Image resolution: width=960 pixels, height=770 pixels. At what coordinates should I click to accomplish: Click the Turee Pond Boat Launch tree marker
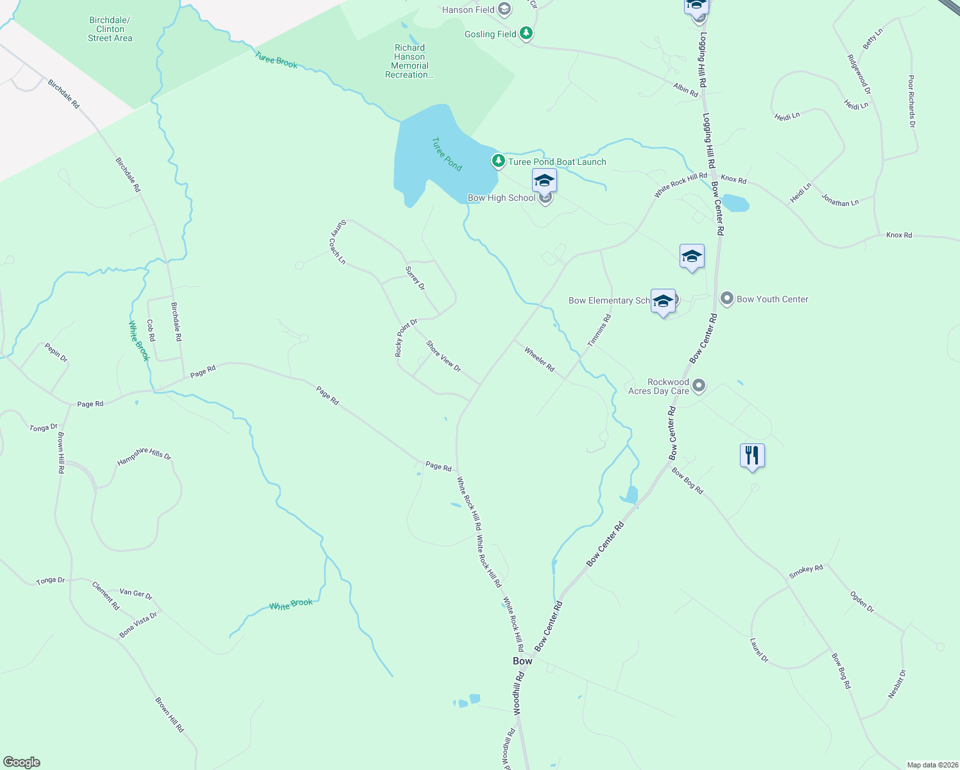tap(498, 161)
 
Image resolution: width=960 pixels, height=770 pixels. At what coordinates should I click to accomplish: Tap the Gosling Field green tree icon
tap(526, 33)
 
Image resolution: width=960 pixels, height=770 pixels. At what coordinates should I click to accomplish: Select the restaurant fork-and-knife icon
tap(752, 456)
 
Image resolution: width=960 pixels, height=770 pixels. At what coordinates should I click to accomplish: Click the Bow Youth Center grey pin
tap(727, 298)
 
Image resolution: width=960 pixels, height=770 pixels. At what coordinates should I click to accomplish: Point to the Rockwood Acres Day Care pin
tap(699, 386)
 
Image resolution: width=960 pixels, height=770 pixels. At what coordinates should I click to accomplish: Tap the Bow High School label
tap(501, 198)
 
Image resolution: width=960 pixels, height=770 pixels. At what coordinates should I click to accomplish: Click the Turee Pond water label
tap(447, 154)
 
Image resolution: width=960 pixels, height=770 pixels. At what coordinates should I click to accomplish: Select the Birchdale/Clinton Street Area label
tap(110, 30)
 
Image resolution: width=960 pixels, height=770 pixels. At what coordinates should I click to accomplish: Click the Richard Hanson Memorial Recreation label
tap(409, 61)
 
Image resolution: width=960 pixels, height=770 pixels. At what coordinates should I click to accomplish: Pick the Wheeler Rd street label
tap(539, 359)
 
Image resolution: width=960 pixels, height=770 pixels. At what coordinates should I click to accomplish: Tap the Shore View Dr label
tap(443, 356)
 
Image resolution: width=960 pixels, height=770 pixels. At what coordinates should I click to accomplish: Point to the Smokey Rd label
tap(806, 571)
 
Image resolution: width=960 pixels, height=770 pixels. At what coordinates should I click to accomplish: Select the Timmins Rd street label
tap(599, 330)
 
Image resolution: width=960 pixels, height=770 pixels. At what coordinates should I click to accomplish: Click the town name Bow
tap(522, 661)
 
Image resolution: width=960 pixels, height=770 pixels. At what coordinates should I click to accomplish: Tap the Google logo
tap(22, 762)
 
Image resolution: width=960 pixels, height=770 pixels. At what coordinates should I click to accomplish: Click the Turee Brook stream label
tap(276, 60)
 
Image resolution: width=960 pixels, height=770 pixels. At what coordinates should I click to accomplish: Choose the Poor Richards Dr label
tap(911, 101)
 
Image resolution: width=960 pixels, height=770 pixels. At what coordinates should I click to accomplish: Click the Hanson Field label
tap(468, 10)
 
